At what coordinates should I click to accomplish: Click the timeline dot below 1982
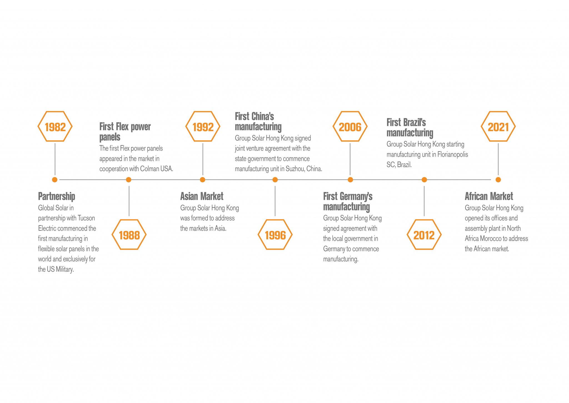pyautogui.click(x=55, y=180)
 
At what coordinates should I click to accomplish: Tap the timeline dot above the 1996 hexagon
pyautogui.click(x=275, y=180)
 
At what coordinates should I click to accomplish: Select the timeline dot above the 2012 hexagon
pyautogui.click(x=424, y=180)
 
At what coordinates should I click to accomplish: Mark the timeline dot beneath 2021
pyautogui.click(x=498, y=180)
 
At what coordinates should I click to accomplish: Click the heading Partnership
pyautogui.click(x=57, y=196)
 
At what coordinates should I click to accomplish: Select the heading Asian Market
pyautogui.click(x=202, y=196)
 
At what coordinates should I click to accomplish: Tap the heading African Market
pyautogui.click(x=489, y=196)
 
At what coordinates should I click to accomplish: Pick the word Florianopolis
pyautogui.click(x=453, y=154)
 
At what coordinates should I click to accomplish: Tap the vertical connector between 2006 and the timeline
pyautogui.click(x=350, y=159)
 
